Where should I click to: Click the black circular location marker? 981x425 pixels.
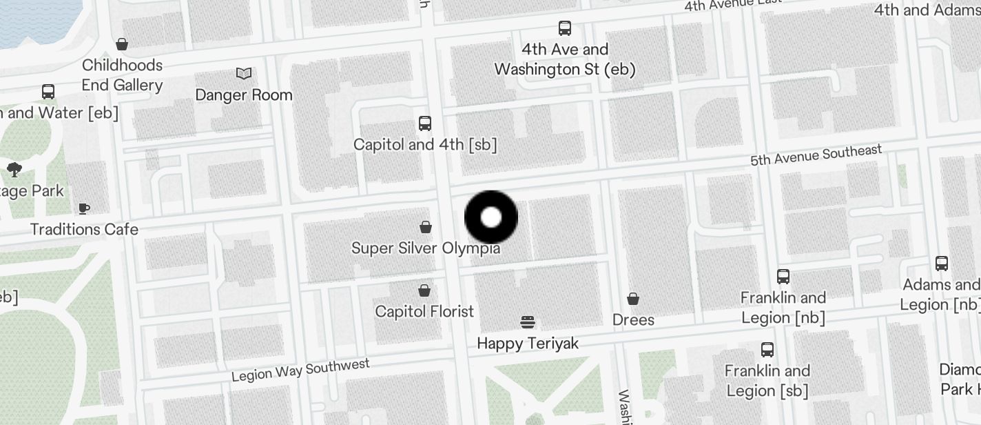tap(491, 217)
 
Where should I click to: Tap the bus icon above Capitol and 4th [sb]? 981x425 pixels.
tap(425, 123)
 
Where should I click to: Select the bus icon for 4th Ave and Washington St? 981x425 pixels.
tap(565, 28)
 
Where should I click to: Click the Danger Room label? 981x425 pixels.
tap(244, 95)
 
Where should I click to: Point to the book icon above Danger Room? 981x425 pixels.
tap(244, 73)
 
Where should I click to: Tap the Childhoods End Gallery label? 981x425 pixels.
tap(122, 75)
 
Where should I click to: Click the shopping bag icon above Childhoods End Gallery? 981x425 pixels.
tap(122, 45)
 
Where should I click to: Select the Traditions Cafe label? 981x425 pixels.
tap(84, 229)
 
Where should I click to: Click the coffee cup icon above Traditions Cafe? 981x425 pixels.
tap(84, 208)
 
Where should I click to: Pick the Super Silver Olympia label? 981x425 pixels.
tap(426, 248)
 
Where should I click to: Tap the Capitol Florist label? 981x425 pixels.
tap(424, 311)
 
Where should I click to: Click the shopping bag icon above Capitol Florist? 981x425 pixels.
tap(424, 290)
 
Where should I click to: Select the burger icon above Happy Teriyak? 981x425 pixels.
tap(528, 322)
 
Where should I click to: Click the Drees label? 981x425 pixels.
tap(633, 319)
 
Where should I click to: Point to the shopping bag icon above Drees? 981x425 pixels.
tap(633, 299)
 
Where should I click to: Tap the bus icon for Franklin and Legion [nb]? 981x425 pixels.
tap(783, 277)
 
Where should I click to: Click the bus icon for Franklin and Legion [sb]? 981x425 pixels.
tap(767, 350)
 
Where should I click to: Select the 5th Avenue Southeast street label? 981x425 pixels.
tap(816, 155)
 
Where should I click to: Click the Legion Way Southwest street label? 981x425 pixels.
tap(300, 370)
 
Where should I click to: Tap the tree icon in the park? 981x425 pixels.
tap(14, 170)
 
